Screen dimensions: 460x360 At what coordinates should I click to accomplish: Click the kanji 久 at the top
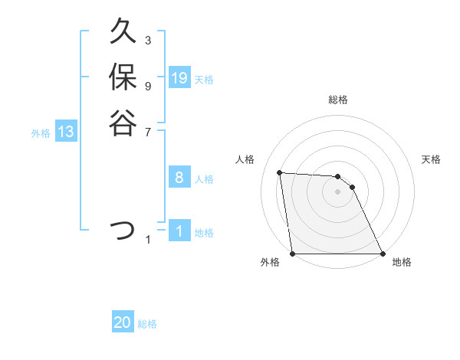pos(123,33)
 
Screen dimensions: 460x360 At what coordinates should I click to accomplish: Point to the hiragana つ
pos(123,229)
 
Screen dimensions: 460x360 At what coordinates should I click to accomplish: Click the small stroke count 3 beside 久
pos(148,40)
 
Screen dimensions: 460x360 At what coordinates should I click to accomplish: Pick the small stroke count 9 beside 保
pos(148,85)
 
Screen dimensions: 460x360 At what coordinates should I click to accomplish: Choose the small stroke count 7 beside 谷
pos(148,131)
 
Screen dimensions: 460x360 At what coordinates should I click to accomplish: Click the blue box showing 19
pos(179,78)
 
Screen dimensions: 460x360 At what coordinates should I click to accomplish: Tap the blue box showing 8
pos(179,178)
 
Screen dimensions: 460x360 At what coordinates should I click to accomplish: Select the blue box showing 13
pos(66,132)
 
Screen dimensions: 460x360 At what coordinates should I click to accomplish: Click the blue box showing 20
pos(123,323)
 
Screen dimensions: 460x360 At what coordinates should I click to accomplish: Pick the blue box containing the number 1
pos(179,231)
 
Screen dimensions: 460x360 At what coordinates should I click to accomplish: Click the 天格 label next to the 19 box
pos(204,79)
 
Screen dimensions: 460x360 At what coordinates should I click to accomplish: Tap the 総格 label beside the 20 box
pos(147,324)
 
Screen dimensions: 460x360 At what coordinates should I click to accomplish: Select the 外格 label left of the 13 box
pos(41,133)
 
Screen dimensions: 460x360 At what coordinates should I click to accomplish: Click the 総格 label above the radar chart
pos(338,100)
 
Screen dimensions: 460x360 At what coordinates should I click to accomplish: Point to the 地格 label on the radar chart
pos(402,262)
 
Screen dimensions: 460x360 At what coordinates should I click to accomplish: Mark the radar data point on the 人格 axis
pos(280,172)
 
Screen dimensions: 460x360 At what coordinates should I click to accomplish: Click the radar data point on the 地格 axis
pos(382,254)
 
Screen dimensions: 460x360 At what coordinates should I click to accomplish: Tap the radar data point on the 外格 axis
pos(293,254)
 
